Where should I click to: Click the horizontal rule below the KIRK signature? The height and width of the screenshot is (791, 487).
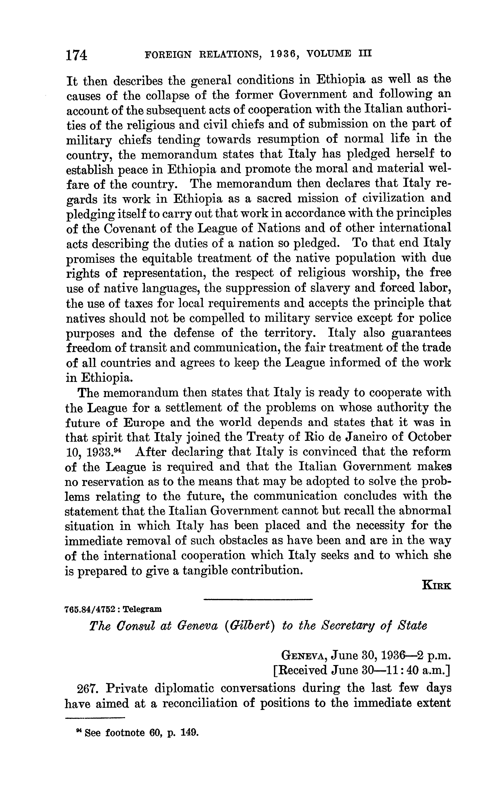(258, 599)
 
